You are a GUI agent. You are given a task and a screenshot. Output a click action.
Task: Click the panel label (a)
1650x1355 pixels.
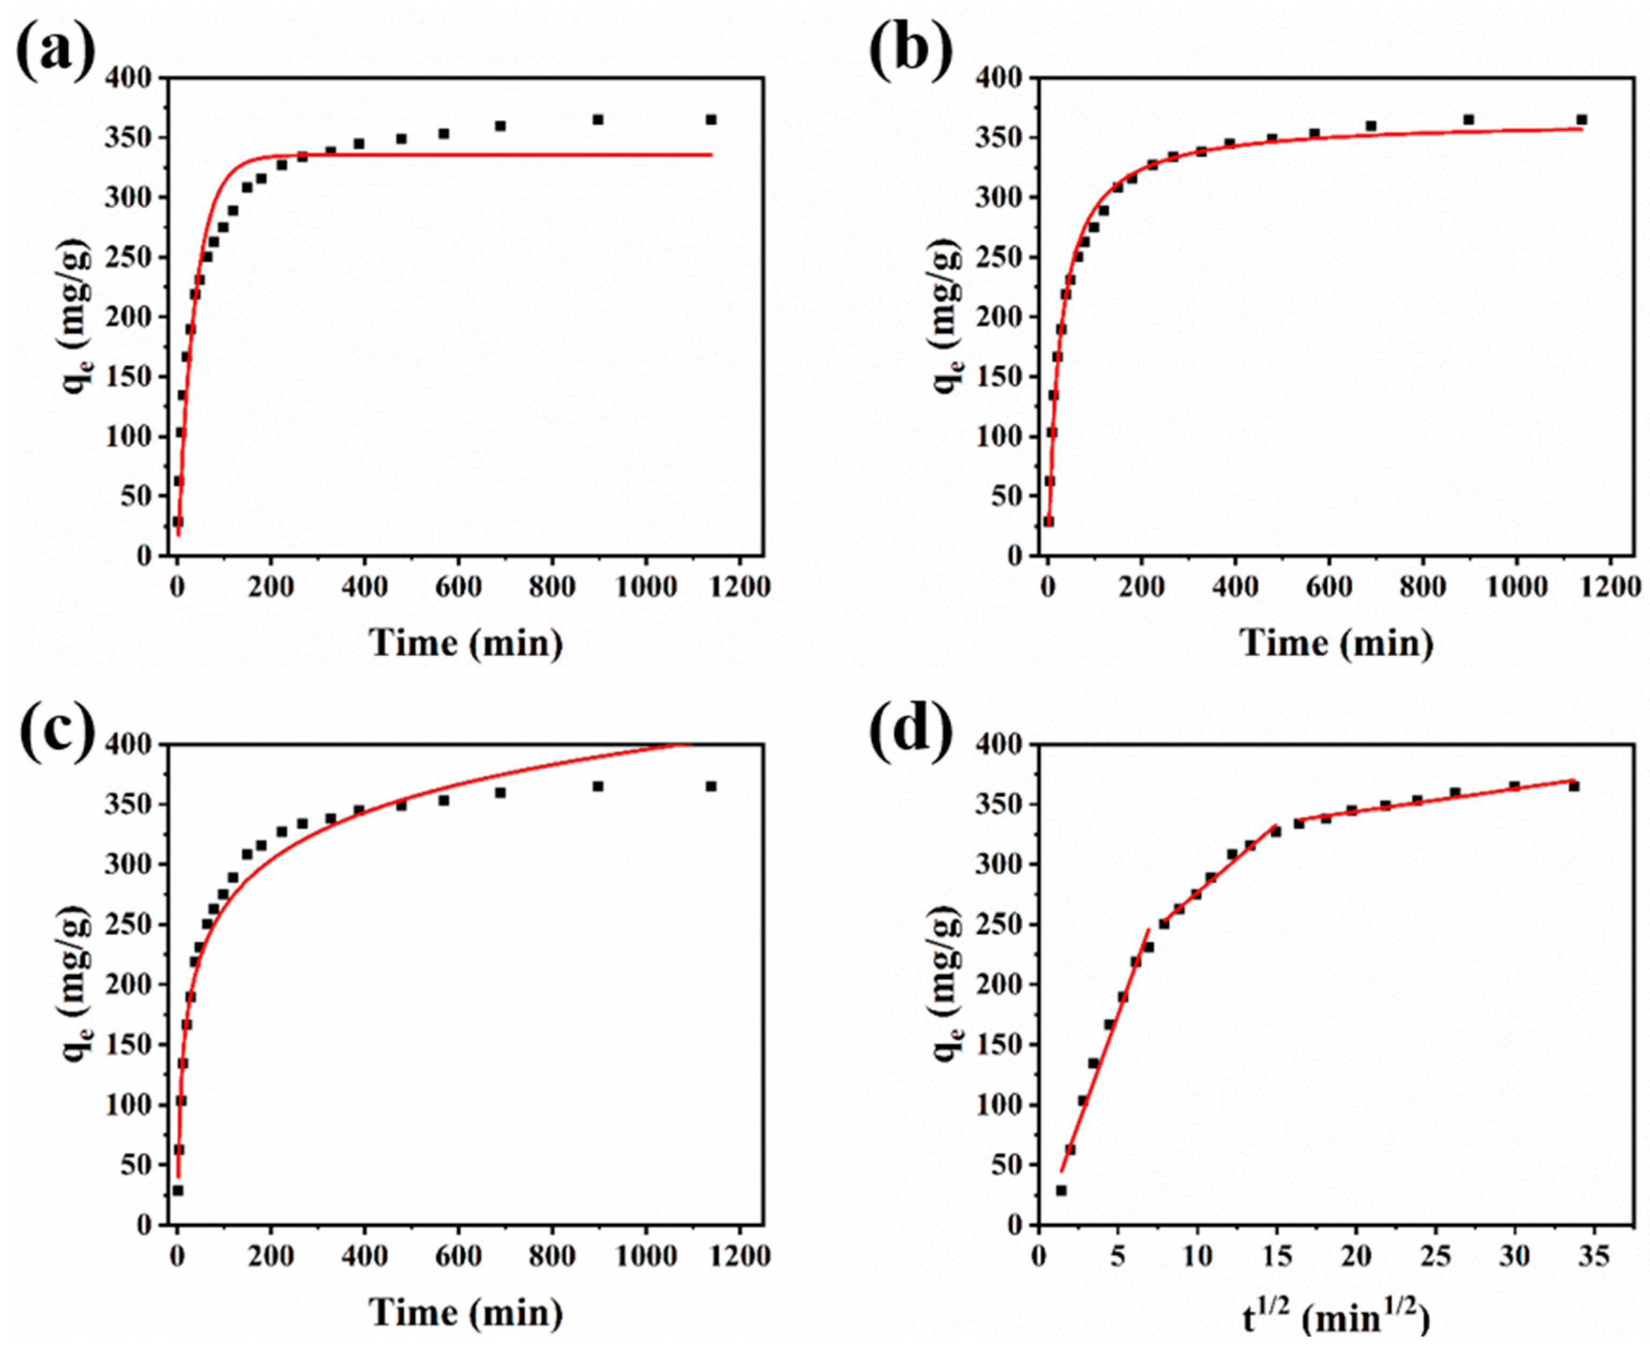(x=55, y=51)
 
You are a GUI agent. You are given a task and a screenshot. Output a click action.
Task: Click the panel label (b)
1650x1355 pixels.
(x=911, y=51)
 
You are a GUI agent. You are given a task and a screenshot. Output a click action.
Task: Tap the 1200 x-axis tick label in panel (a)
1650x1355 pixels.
(x=738, y=587)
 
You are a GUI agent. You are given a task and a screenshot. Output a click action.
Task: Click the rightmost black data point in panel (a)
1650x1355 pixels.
(x=711, y=119)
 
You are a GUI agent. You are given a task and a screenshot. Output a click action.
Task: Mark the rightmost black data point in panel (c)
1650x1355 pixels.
(x=711, y=787)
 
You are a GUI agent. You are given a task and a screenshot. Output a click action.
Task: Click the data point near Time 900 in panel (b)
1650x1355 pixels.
(x=1468, y=119)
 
